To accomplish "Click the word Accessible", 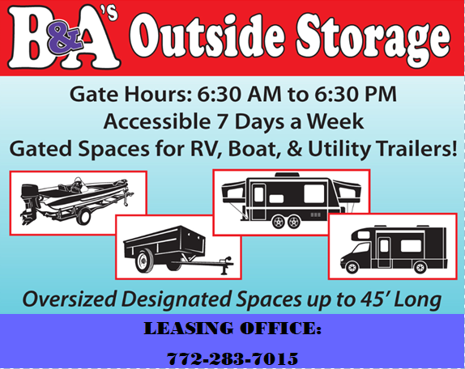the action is click(x=156, y=121).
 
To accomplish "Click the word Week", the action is click(x=335, y=121).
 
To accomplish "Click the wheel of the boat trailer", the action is click(x=83, y=217).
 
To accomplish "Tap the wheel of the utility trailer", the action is click(x=144, y=261).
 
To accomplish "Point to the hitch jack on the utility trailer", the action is click(x=224, y=265).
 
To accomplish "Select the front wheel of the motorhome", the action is click(x=352, y=268).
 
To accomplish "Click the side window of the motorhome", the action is click(x=411, y=246).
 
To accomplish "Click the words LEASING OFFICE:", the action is click(x=232, y=329).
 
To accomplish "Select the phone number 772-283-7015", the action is click(x=232, y=358).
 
